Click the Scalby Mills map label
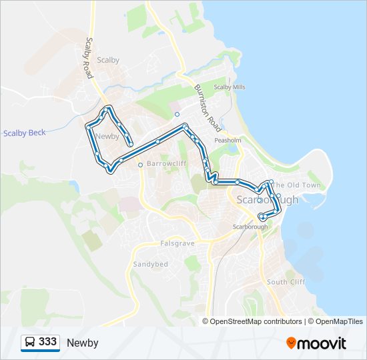click(230, 87)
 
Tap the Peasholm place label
click(228, 141)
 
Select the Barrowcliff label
click(167, 163)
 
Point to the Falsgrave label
click(177, 244)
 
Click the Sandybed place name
click(150, 265)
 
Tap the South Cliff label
click(286, 282)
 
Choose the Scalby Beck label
click(24, 133)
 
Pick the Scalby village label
click(108, 60)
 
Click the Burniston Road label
click(208, 107)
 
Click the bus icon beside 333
click(29, 343)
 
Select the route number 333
click(47, 342)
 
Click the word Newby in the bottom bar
click(82, 343)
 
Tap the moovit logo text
click(323, 343)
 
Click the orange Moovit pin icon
click(291, 343)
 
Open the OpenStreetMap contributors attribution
click(256, 321)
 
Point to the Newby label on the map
click(107, 137)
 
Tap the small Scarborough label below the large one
click(250, 227)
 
